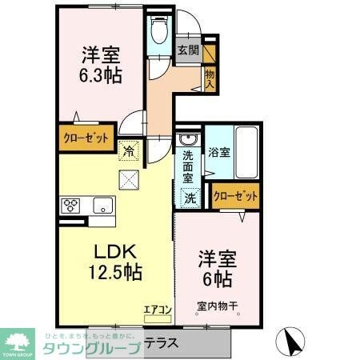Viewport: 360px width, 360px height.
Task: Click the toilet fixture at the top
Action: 158,30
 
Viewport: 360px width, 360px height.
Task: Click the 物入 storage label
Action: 210,78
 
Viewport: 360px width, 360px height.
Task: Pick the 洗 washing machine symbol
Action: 190,196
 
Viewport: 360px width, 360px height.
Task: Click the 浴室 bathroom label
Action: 221,150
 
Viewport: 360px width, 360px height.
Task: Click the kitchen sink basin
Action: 103,205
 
